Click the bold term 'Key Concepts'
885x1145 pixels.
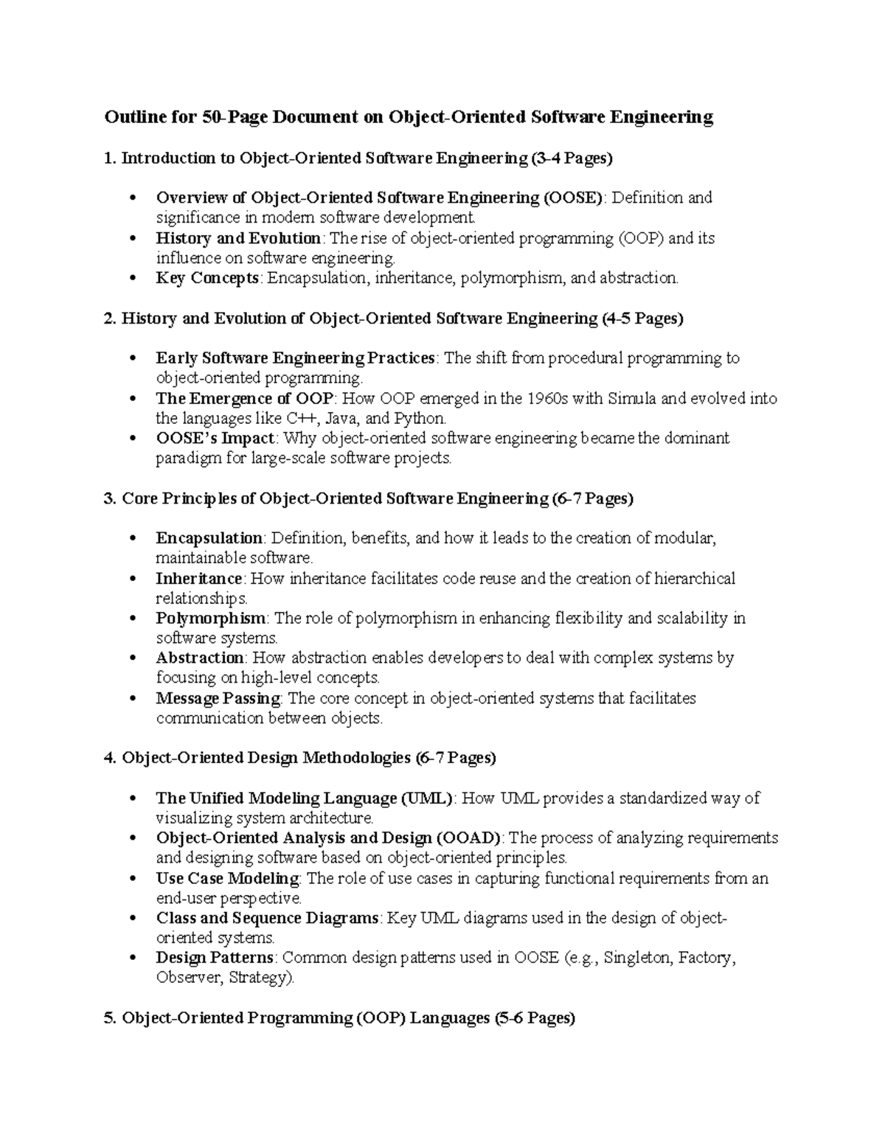pyautogui.click(x=207, y=278)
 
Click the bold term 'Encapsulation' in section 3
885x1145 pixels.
pyautogui.click(x=209, y=538)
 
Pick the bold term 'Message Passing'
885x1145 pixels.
pyautogui.click(x=218, y=698)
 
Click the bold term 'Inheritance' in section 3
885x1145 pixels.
pyautogui.click(x=199, y=578)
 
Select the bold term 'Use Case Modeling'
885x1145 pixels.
pyautogui.click(x=228, y=878)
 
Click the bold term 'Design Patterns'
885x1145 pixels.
pyautogui.click(x=215, y=958)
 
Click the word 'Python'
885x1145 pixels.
pyautogui.click(x=420, y=419)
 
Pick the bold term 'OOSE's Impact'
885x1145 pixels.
pyautogui.click(x=215, y=439)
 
